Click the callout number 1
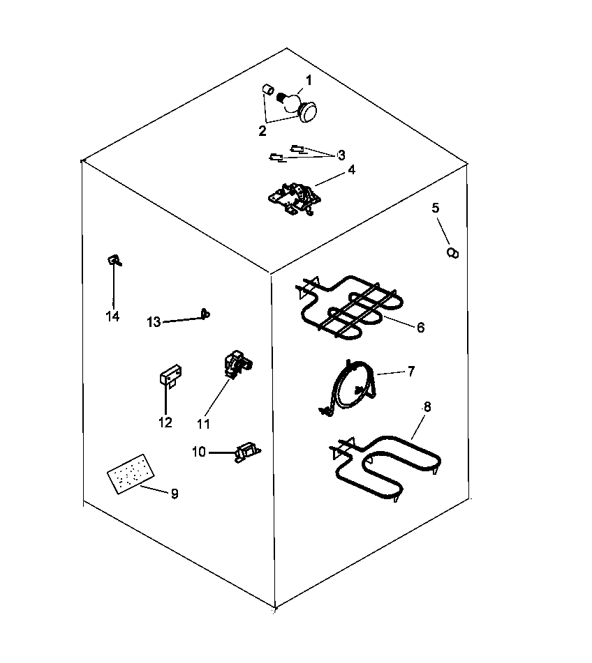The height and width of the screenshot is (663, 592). tap(308, 81)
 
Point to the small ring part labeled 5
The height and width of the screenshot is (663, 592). tap(452, 252)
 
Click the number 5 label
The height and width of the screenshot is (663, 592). tap(436, 208)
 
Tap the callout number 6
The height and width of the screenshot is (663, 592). tap(420, 327)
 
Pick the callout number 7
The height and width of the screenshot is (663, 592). tap(410, 372)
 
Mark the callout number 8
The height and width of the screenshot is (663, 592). tap(427, 406)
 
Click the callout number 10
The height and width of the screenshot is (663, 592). tap(198, 452)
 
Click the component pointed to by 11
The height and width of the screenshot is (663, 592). tap(235, 363)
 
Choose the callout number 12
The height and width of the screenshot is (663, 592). tap(165, 422)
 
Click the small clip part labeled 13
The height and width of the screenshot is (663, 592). tap(205, 314)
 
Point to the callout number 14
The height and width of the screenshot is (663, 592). tap(112, 317)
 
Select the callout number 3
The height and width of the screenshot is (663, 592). tap(341, 155)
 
